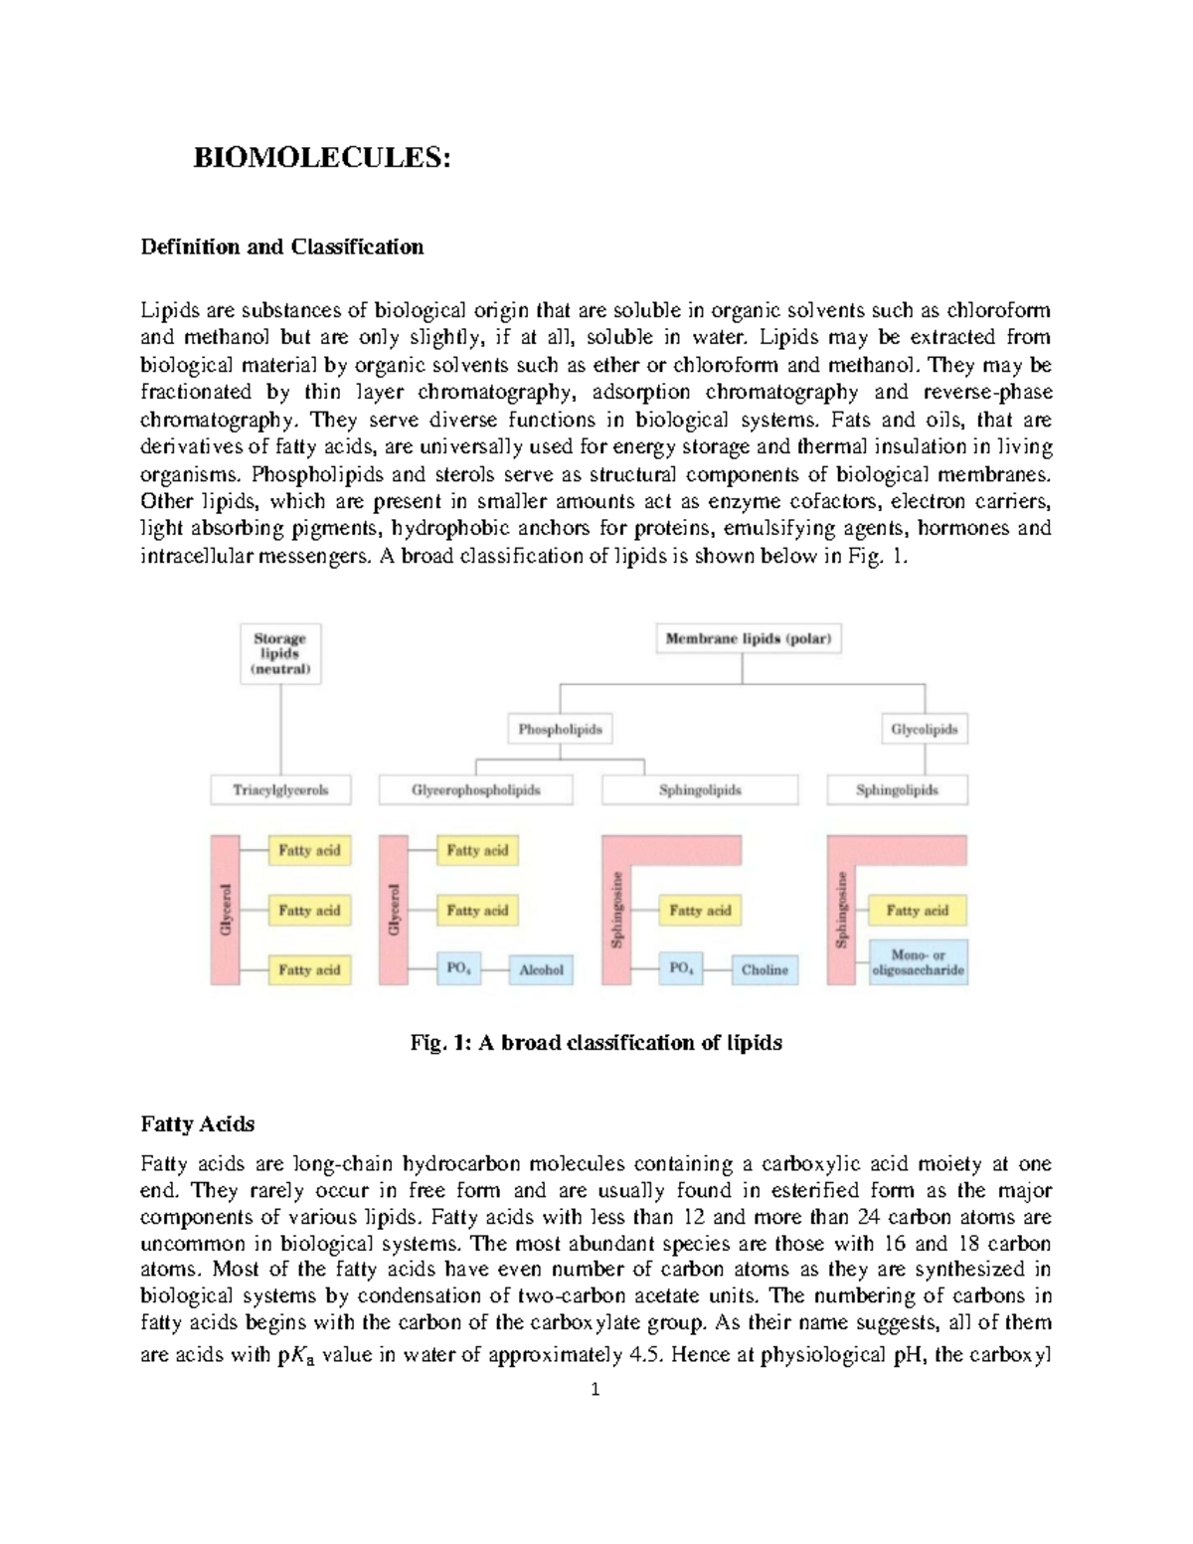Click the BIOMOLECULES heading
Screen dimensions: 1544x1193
click(321, 158)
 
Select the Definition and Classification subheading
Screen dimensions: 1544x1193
click(281, 247)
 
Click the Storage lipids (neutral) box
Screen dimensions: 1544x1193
click(280, 654)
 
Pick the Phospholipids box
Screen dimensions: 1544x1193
click(560, 730)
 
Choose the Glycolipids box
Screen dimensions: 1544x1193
click(925, 730)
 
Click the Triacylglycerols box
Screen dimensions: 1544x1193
click(280, 790)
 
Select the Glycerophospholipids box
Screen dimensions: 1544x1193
click(476, 790)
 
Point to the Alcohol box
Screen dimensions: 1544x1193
click(541, 969)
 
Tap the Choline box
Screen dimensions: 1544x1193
click(765, 969)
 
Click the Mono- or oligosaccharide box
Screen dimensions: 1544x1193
click(918, 962)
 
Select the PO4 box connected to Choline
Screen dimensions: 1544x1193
click(682, 969)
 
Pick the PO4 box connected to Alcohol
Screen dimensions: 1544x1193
click(458, 969)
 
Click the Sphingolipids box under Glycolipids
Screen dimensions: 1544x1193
click(897, 790)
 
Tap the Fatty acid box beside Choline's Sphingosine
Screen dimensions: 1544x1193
click(700, 910)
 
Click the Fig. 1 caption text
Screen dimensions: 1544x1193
click(596, 1043)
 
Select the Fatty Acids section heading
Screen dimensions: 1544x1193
click(198, 1124)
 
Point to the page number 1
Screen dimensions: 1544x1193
click(596, 1390)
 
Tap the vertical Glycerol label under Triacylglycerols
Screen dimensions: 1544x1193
click(226, 909)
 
